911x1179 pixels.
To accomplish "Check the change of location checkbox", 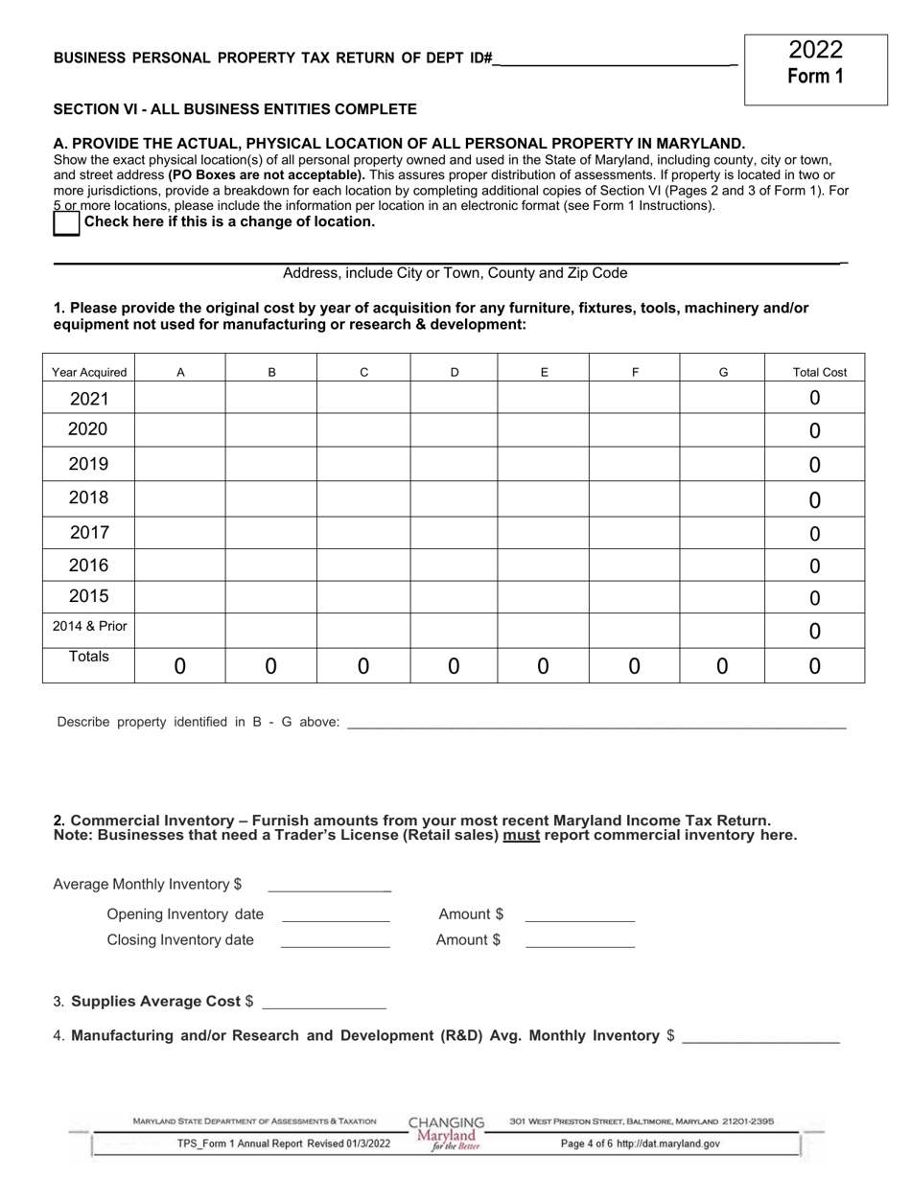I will click(66, 222).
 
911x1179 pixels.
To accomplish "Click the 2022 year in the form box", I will click(815, 50).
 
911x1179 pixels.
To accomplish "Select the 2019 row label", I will click(88, 464).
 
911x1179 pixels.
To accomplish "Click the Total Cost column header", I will click(820, 373).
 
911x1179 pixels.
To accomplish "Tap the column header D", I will click(455, 373).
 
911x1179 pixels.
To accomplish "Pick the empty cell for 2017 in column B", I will click(271, 533).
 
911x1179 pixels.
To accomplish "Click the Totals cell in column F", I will click(634, 666).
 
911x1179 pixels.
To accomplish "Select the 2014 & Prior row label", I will click(89, 627).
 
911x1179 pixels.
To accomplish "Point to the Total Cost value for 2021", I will click(814, 398).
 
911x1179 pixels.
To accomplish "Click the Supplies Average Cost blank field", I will click(323, 1003).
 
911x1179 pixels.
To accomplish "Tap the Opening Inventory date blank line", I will click(336, 915).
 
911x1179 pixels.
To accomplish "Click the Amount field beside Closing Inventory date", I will click(580, 941).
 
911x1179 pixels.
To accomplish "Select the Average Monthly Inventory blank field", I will click(329, 886).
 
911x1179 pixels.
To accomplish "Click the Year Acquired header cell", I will click(89, 373).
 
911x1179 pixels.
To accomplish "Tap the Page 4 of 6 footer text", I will click(640, 1144).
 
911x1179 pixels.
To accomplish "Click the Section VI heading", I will click(235, 109).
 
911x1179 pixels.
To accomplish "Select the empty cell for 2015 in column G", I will click(722, 596).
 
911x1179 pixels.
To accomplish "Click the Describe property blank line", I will click(595, 724).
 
